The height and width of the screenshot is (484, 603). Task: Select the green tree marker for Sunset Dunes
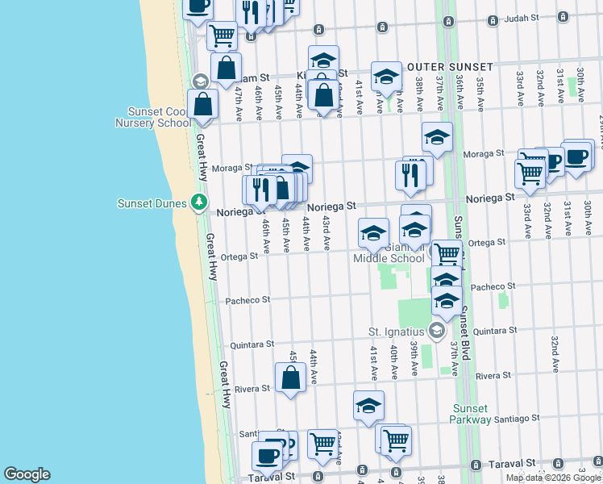[x=200, y=202]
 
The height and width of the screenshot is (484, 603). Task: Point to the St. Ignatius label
[x=396, y=332]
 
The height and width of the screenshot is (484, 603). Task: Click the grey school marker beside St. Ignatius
[x=437, y=330]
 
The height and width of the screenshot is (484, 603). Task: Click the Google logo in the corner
[x=27, y=474]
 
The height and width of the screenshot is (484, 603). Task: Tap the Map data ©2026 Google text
[x=554, y=478]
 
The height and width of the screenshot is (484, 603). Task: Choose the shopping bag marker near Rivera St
[x=290, y=378]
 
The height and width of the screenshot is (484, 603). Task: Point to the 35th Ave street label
[x=479, y=89]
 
